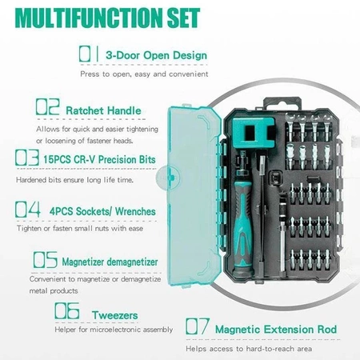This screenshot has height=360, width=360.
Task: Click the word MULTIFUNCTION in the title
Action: pos(89,18)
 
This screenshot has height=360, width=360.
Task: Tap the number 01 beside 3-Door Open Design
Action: pos(89,54)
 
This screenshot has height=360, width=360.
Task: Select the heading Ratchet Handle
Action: pos(103,110)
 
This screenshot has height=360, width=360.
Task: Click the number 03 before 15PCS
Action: pos(27,158)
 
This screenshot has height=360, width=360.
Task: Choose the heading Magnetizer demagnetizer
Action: pos(110,262)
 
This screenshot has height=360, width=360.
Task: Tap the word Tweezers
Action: pos(115,315)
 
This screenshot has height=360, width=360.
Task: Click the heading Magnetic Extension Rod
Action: pos(276,330)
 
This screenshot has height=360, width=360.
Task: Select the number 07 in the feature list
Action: pos(198,326)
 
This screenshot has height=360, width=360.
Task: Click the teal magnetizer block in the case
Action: pos(254,133)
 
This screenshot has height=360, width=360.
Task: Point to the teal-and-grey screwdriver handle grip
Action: pos(242,226)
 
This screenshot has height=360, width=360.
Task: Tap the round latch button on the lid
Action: pos(168,178)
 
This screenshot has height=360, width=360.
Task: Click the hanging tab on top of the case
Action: pos(282,103)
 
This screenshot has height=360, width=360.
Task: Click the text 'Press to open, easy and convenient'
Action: pos(144,74)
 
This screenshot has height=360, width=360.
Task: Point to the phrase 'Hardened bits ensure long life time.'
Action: pos(74,180)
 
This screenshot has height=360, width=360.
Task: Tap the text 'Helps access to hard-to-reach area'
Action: pos(249,349)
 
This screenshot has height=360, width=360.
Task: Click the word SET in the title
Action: pos(184,18)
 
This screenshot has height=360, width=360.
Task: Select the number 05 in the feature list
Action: pos(46,260)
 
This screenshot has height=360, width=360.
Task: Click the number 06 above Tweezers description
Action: pos(67,310)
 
